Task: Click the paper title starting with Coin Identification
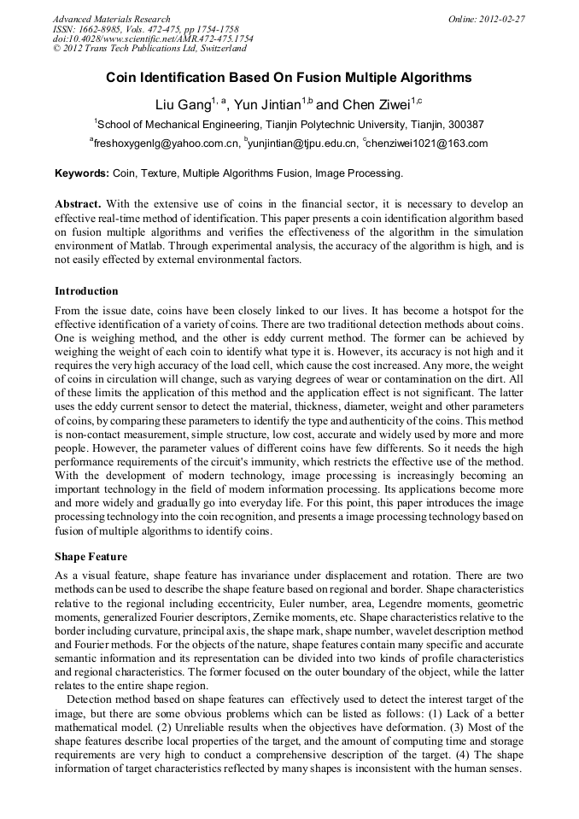coord(289,78)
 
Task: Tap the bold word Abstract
coord(78,204)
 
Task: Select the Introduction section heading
coord(86,291)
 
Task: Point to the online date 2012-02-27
coord(502,19)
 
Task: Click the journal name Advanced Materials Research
coord(111,19)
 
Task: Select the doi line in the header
coord(153,39)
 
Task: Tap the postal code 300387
coord(466,125)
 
